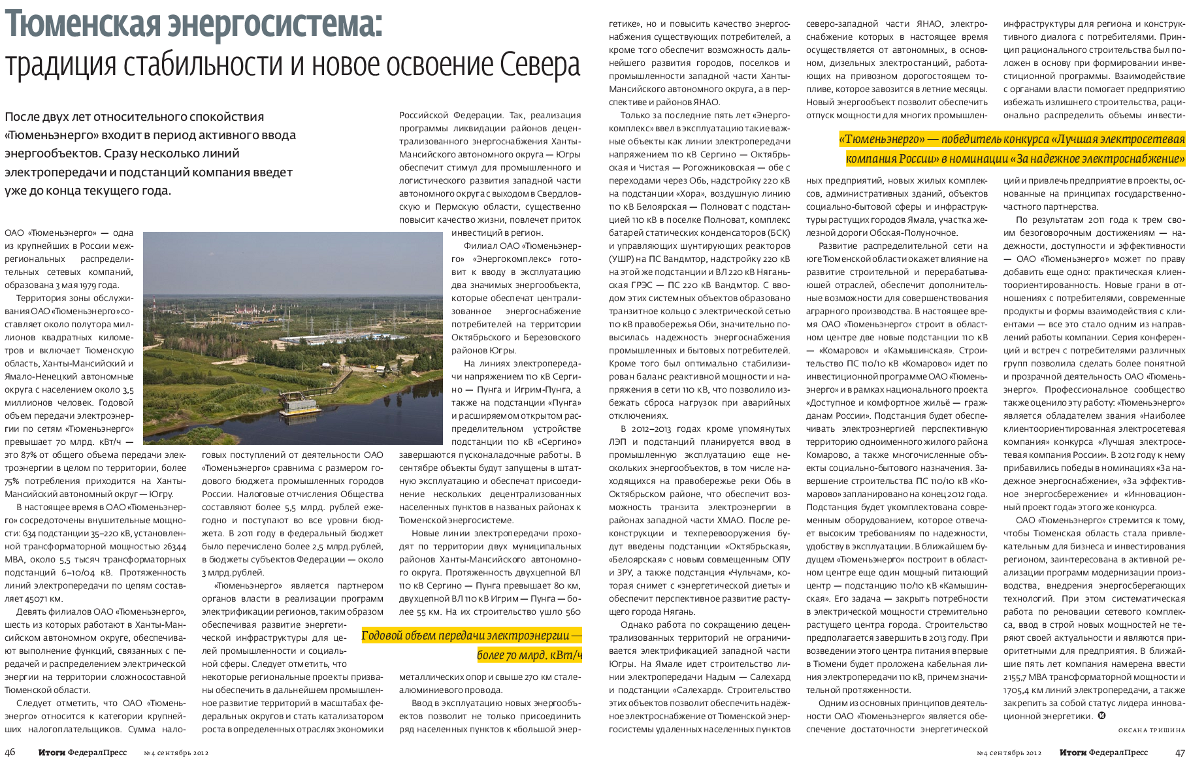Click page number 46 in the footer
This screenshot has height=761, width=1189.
tap(12, 753)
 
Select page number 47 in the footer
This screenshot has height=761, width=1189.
tap(1179, 753)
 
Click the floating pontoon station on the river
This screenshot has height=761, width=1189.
tap(300, 405)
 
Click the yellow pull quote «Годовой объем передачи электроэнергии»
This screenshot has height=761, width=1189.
tap(471, 636)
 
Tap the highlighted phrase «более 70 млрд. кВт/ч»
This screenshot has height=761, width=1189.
tap(529, 655)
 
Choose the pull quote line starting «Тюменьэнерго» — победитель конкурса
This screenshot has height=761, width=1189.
tap(1012, 139)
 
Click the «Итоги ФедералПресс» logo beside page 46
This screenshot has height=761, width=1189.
tap(82, 753)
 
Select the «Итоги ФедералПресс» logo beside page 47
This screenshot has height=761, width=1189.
tap(1103, 753)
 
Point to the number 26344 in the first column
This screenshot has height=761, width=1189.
tap(172, 547)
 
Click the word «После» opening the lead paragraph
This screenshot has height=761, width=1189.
tap(24, 117)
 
